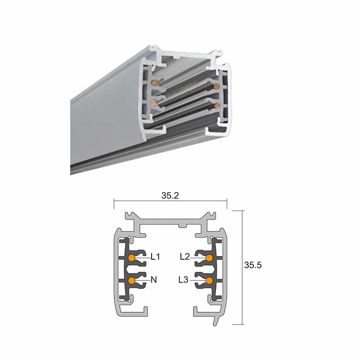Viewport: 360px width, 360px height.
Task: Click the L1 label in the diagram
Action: [155, 256]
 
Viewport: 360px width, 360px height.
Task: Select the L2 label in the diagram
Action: [185, 256]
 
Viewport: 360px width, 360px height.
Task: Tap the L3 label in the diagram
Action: [184, 279]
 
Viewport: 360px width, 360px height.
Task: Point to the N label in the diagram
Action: [154, 279]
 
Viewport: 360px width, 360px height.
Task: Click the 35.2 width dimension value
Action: [170, 195]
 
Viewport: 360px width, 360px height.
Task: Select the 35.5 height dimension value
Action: [253, 265]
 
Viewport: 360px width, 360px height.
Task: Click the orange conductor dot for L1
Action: [131, 257]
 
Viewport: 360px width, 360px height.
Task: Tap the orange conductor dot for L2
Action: [209, 257]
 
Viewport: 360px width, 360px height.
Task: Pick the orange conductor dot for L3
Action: [209, 280]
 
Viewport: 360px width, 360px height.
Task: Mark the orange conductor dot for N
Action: [131, 280]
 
